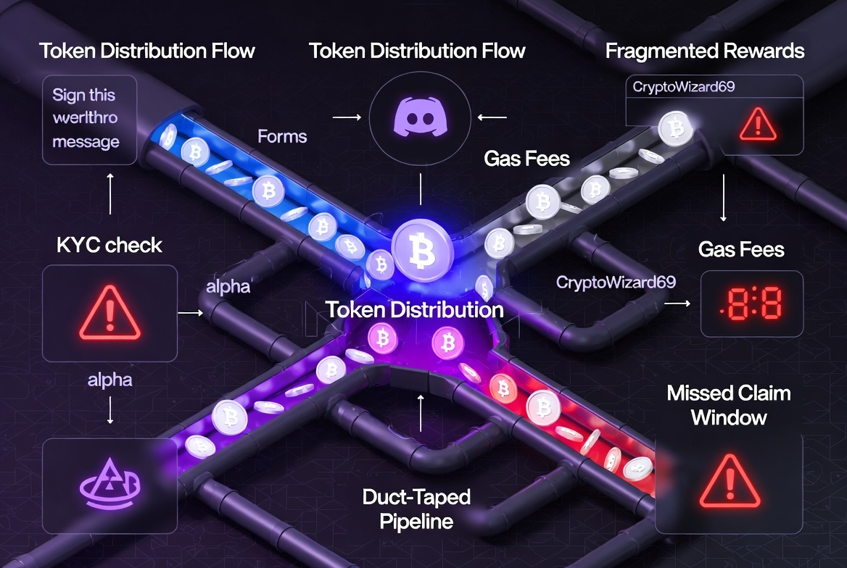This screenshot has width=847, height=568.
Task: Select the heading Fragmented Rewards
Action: [704, 51]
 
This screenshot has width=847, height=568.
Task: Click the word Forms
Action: [282, 136]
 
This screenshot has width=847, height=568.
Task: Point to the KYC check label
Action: [110, 245]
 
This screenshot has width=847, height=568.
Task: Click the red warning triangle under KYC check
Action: [110, 312]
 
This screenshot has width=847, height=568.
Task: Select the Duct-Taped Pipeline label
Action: [416, 509]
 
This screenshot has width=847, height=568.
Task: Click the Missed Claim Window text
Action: [729, 405]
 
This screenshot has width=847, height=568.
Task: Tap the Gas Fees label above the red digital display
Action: [741, 250]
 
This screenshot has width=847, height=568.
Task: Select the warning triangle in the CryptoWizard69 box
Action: [757, 123]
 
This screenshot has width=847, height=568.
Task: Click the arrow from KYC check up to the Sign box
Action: [110, 193]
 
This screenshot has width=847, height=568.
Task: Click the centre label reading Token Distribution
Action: [414, 310]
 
